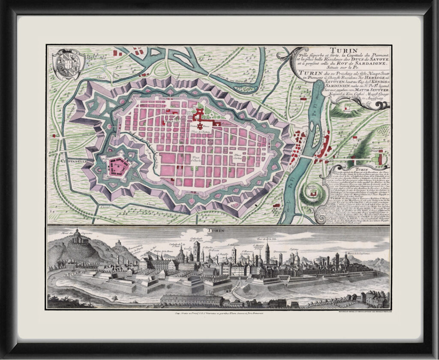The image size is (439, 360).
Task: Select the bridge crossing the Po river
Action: click(307, 158)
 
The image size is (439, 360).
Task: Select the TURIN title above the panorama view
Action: click(217, 231)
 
